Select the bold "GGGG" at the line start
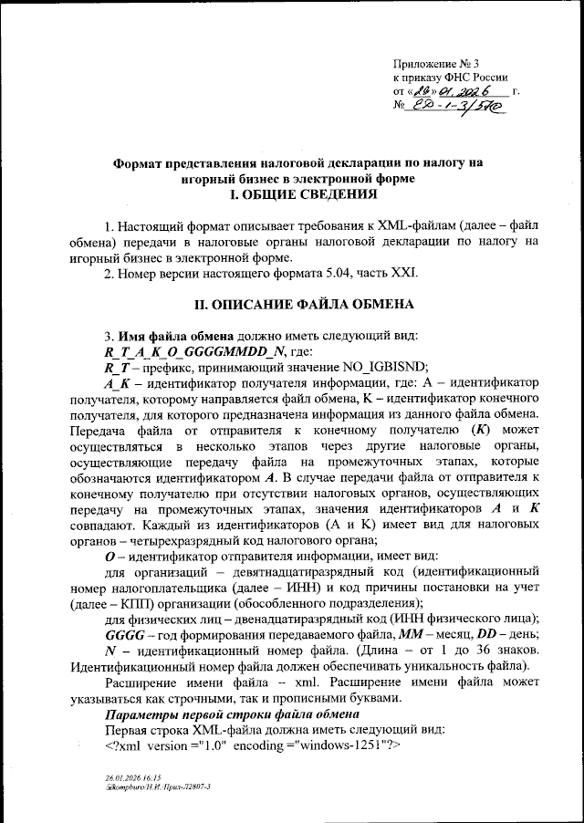coord(125,633)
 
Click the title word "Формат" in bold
coord(141,163)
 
